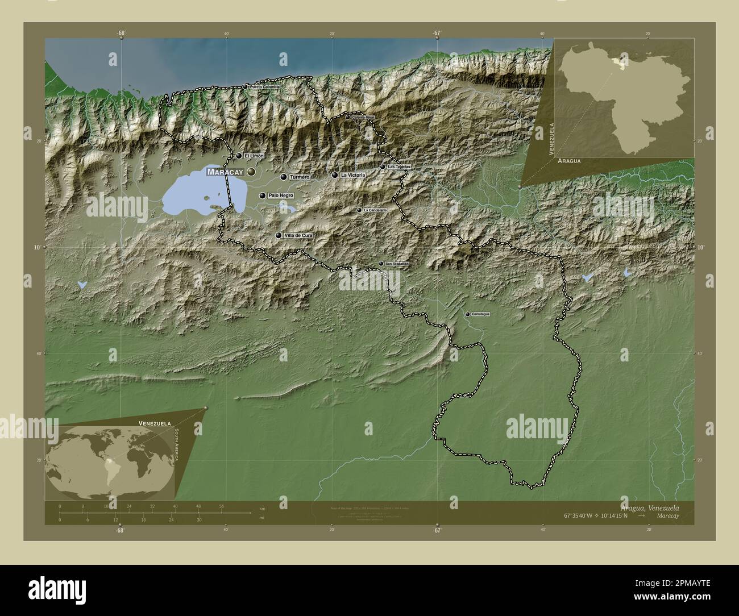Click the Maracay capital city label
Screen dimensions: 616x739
[225, 172]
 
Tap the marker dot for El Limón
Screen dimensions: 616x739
[239, 156]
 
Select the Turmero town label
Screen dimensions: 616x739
[300, 177]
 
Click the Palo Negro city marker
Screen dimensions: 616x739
[262, 195]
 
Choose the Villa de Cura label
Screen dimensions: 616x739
[298, 235]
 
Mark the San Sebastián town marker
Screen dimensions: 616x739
[381, 264]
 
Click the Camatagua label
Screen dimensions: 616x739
[480, 314]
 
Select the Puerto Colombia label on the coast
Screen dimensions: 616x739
[265, 87]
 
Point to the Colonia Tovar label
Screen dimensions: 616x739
[364, 118]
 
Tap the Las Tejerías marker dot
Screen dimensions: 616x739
[383, 167]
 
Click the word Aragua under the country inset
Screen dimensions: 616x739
[569, 161]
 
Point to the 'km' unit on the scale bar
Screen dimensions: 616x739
[262, 508]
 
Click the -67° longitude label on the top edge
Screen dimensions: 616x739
[436, 33]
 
